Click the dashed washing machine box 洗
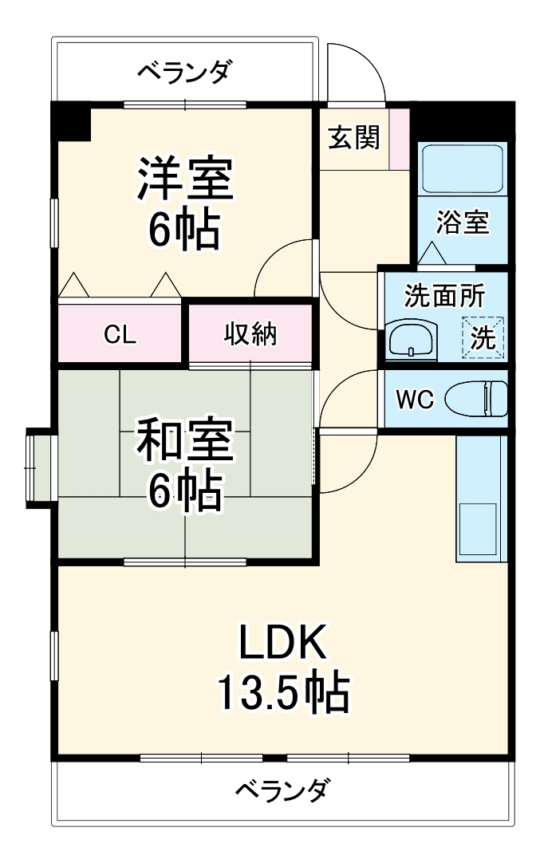483,337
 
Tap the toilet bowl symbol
476,398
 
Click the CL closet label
119,335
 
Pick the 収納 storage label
250,335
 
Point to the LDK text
283,643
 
